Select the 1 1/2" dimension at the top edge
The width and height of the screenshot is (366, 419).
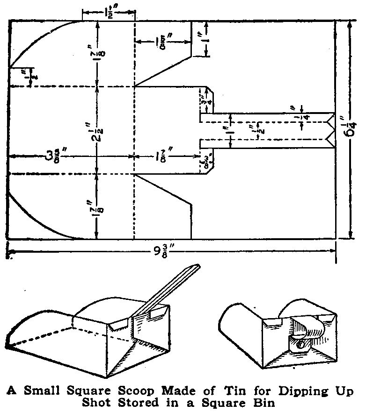108,13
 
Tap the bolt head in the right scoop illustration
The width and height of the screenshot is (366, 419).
299,345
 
